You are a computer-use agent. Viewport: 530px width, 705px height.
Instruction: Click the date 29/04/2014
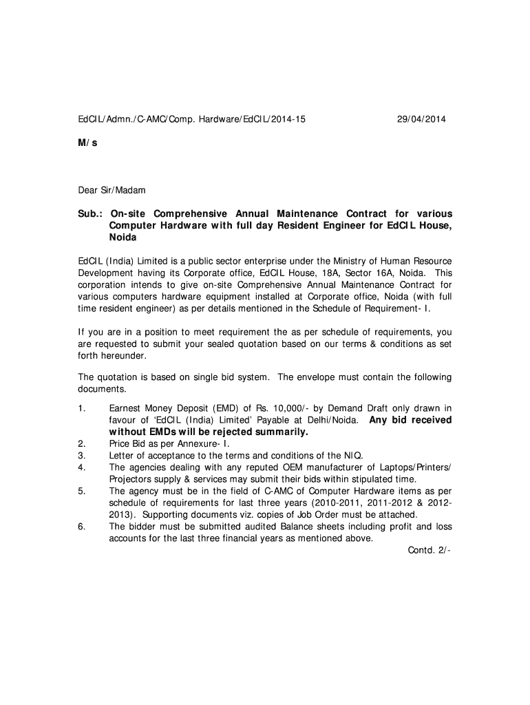point(421,119)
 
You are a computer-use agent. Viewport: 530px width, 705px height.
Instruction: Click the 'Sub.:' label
point(89,213)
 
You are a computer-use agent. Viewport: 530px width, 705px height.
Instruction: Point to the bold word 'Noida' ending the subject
point(123,237)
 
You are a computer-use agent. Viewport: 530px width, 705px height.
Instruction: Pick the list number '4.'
point(81,467)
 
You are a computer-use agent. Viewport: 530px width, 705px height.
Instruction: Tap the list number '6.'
point(81,527)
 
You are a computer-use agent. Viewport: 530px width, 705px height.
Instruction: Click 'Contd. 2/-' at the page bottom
point(430,551)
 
